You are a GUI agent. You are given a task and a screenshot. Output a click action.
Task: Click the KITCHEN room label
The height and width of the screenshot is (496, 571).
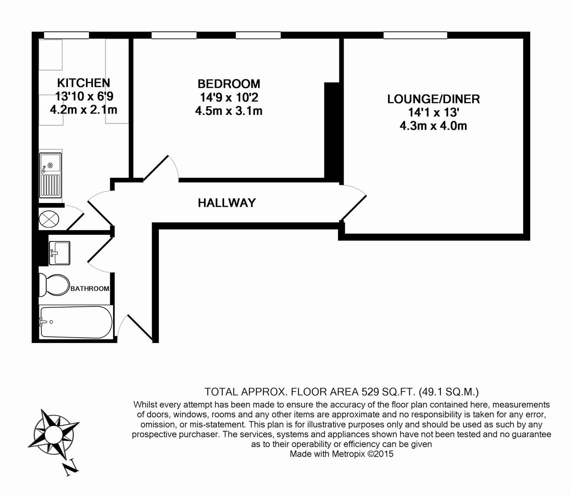pos(84,83)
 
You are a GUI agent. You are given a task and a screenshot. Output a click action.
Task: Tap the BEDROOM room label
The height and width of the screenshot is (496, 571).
pos(229,84)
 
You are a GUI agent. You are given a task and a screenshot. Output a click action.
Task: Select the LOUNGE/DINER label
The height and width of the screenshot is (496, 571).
pos(433,99)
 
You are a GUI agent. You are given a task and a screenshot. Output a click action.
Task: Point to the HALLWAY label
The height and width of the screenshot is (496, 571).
pos(226,203)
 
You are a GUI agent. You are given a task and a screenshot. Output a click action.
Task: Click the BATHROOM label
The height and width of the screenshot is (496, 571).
pos(90,288)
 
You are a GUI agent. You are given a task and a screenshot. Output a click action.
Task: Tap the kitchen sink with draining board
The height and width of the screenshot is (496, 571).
pos(51,175)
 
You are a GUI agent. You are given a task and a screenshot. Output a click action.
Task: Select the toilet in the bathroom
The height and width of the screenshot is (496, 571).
pos(54,285)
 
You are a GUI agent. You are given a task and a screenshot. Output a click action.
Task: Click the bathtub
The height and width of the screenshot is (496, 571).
pos(76,322)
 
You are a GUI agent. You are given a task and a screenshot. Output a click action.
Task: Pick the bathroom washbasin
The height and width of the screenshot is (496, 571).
pos(59,253)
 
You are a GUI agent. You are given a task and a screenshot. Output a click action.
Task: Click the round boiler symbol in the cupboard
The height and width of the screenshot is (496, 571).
pos(49,218)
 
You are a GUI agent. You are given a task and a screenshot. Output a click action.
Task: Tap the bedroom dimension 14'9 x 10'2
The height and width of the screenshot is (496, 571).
pos(229,97)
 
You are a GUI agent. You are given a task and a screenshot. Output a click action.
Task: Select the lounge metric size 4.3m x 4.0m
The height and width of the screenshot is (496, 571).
pos(433,126)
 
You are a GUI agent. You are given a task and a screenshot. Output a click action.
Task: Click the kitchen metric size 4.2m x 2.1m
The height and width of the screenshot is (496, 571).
pos(84,110)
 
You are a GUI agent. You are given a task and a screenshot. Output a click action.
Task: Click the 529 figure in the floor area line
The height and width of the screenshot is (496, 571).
pos(370,392)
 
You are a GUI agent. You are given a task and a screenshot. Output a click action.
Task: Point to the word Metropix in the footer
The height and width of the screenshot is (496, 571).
pos(348,454)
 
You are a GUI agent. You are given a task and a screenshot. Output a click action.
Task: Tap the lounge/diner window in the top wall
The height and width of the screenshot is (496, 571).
pos(415,35)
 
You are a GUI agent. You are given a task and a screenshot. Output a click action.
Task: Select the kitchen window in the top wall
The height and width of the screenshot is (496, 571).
pos(67,35)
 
